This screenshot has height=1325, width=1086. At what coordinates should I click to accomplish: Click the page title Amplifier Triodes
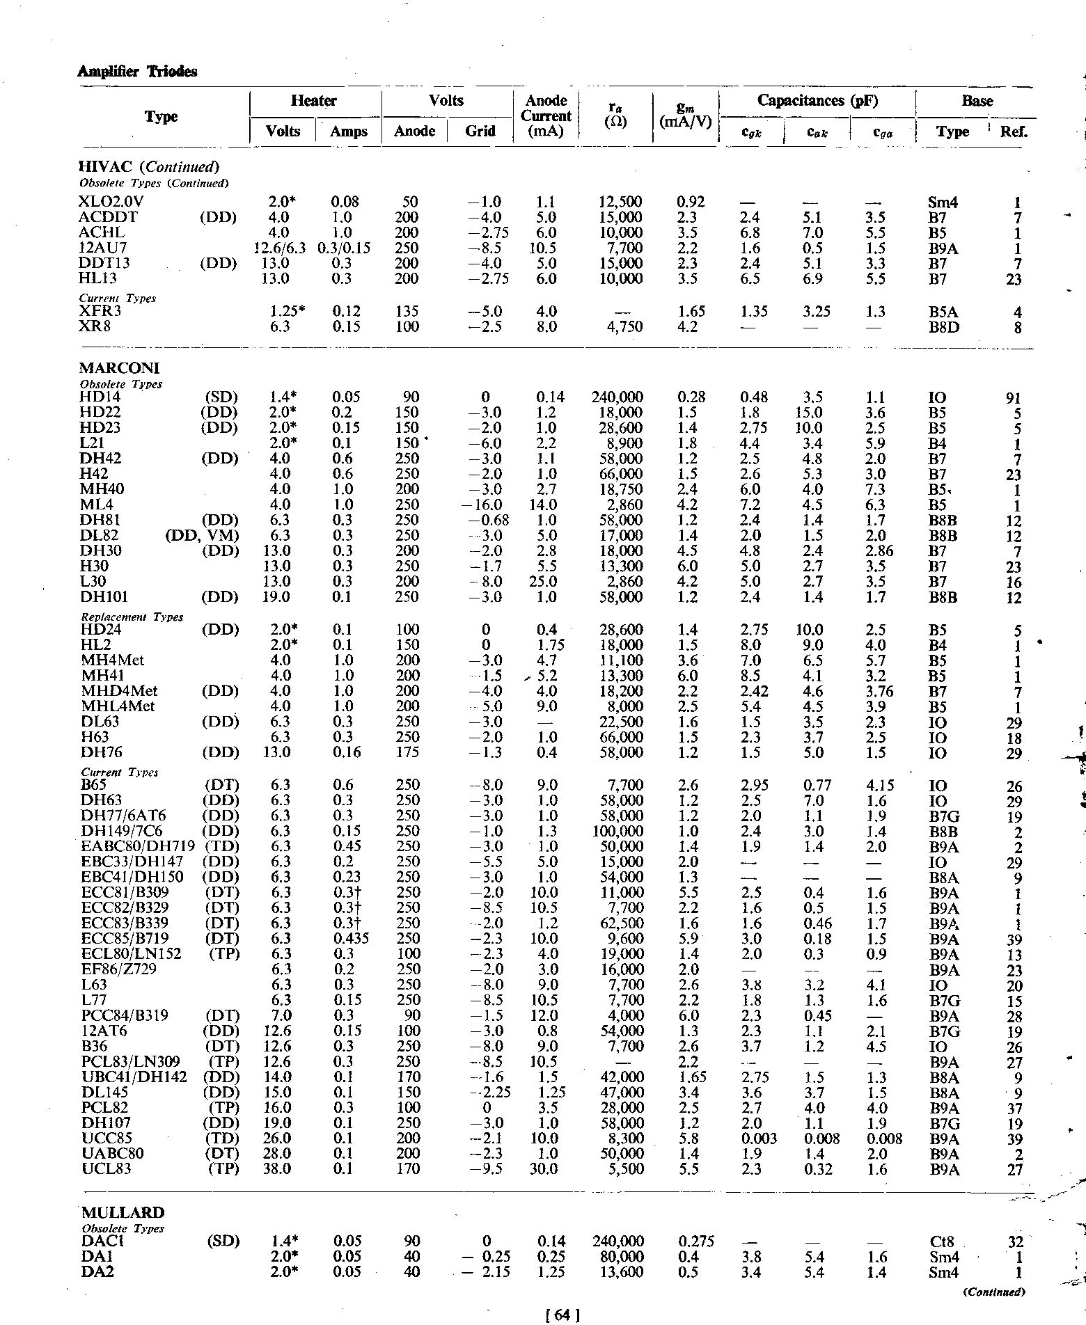[137, 72]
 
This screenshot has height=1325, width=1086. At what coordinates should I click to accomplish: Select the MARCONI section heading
[120, 367]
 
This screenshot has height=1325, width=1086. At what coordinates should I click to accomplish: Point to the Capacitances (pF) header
[817, 101]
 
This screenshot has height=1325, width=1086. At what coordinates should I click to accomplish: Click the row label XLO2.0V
[112, 203]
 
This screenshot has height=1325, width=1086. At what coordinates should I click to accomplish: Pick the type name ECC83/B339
[125, 923]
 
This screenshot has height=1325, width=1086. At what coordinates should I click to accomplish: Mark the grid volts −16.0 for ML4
[485, 505]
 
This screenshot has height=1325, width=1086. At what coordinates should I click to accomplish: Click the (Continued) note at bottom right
[995, 1292]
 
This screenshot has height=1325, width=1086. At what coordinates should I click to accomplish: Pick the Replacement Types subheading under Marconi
[132, 617]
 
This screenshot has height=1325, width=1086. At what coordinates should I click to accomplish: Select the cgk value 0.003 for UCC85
[758, 1138]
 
